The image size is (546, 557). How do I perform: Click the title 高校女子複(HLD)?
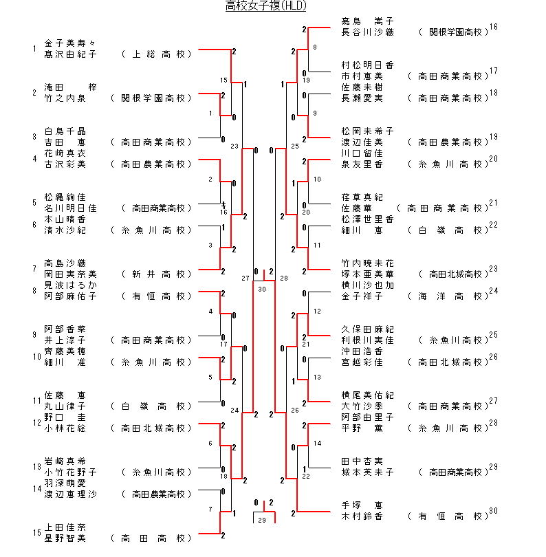(265, 6)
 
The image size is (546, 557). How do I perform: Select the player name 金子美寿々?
(70, 43)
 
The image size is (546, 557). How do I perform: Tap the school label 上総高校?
(155, 54)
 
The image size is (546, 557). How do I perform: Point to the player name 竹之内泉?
(65, 98)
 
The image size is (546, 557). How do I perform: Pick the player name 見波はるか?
(70, 285)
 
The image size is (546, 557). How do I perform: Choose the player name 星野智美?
(65, 538)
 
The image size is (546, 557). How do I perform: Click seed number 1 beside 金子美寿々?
(34, 49)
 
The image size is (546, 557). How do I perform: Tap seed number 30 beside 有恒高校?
(493, 511)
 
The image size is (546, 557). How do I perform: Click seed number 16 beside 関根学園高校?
(493, 27)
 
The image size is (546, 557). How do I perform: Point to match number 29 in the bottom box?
(261, 520)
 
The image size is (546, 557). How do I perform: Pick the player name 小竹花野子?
(70, 472)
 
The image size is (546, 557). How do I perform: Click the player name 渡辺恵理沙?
(70, 494)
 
